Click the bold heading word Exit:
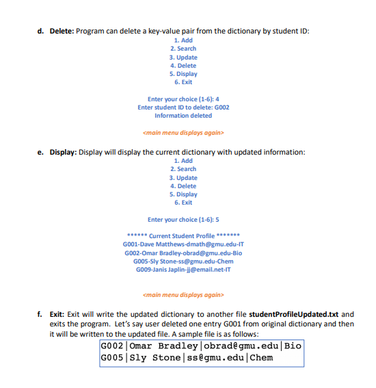[x=59, y=313]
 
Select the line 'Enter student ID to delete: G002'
[x=183, y=107]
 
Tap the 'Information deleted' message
[x=183, y=116]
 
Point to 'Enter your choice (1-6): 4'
[x=183, y=99]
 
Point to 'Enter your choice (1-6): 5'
[x=183, y=220]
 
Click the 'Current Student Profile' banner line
[x=183, y=236]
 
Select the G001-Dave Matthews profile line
[x=183, y=244]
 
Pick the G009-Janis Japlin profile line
[x=183, y=270]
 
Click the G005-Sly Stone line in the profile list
[x=183, y=261]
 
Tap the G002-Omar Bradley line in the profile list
[x=183, y=253]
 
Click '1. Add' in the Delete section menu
[x=183, y=40]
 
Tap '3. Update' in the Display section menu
[x=183, y=177]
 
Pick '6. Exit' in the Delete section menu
[x=183, y=82]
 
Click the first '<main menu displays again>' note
[x=183, y=132]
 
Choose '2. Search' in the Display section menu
[x=183, y=169]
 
